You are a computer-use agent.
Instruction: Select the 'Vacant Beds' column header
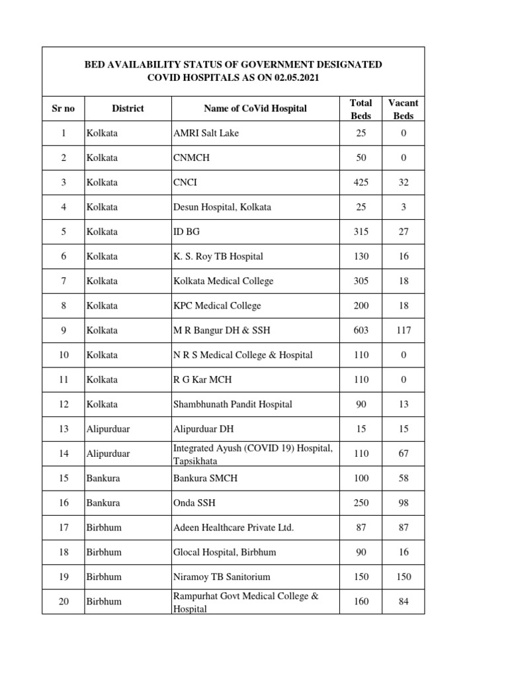403,109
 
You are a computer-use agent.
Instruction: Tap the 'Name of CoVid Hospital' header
255,109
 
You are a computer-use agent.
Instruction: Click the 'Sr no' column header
63,109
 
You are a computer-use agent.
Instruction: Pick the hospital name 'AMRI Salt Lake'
206,133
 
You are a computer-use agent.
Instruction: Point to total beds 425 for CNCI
361,183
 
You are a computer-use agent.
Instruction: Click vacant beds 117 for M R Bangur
403,330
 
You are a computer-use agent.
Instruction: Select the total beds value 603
361,330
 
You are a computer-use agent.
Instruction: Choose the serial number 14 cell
63,454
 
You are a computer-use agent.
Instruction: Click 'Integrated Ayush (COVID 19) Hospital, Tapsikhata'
253,454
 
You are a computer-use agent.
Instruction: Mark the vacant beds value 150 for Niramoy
403,577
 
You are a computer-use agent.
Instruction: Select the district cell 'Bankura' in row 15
103,479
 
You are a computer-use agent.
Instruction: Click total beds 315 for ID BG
361,232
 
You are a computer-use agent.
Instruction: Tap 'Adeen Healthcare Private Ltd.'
233,528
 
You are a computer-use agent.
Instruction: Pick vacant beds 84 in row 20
403,602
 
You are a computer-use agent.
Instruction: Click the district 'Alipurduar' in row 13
108,429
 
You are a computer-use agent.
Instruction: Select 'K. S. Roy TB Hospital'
218,256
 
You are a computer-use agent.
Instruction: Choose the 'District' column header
128,109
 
